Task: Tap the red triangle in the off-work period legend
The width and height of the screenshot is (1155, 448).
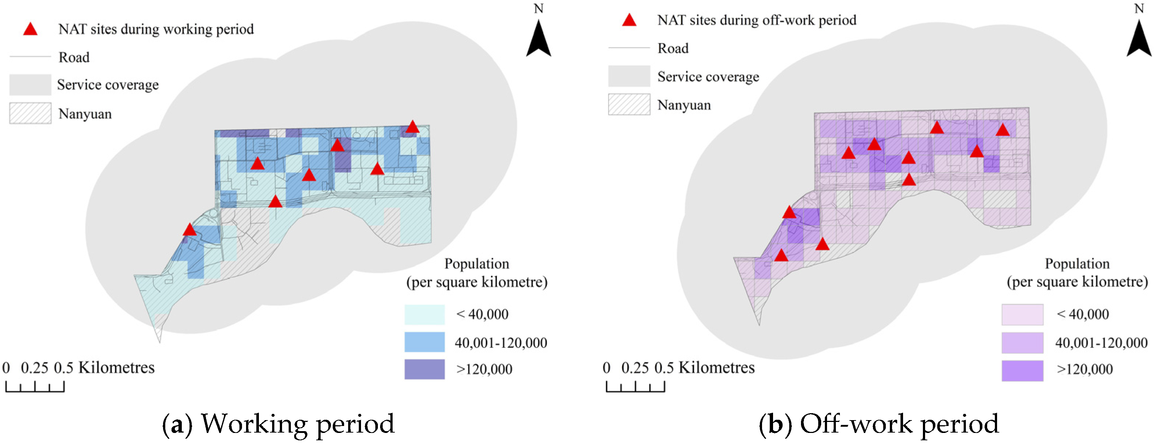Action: pyautogui.click(x=629, y=20)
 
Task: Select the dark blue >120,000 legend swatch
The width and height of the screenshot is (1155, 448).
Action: pyautogui.click(x=424, y=369)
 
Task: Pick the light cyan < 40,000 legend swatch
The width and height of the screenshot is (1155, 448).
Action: pyautogui.click(x=424, y=314)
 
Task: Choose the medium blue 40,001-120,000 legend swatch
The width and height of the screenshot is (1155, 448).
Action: pyautogui.click(x=424, y=342)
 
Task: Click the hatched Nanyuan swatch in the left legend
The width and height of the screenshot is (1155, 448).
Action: pyautogui.click(x=30, y=113)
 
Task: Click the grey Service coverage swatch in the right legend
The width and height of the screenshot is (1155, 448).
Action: pyautogui.click(x=629, y=76)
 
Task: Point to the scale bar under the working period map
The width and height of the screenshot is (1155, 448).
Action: pyautogui.click(x=35, y=386)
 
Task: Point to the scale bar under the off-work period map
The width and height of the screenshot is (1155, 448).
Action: pyautogui.click(x=635, y=386)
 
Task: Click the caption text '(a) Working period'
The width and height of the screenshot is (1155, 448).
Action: pyautogui.click(x=278, y=424)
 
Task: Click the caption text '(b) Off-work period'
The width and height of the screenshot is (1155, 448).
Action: pyautogui.click(x=879, y=424)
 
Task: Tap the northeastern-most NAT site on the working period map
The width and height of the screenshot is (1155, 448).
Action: pyautogui.click(x=412, y=127)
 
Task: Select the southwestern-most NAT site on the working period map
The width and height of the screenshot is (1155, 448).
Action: pyautogui.click(x=190, y=230)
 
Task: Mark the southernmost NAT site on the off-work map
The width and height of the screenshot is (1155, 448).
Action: pyautogui.click(x=781, y=255)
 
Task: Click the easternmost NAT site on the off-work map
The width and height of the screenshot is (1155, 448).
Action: pyautogui.click(x=1003, y=130)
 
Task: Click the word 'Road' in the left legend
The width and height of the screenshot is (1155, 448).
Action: pyautogui.click(x=74, y=57)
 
